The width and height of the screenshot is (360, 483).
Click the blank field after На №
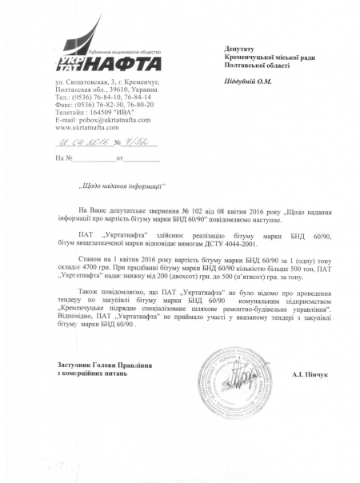pyautogui.click(x=94, y=158)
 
